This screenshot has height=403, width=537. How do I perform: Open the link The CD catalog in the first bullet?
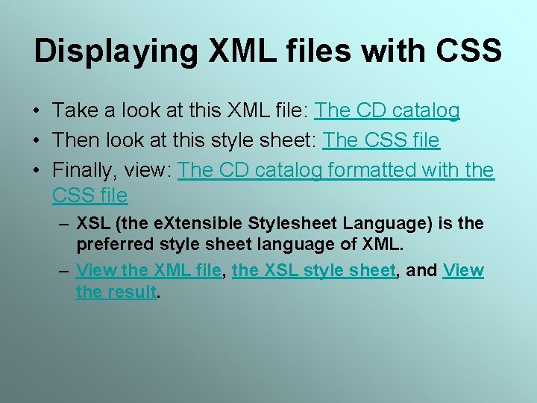386,111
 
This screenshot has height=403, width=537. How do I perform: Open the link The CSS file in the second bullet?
381,140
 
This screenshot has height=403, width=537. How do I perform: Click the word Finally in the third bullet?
81,170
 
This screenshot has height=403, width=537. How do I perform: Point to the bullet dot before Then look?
36,141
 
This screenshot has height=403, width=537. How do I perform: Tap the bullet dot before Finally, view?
36,171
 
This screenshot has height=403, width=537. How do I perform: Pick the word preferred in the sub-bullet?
111,243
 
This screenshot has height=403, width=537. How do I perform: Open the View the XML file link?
149,270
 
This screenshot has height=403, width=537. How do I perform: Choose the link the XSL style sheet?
313,270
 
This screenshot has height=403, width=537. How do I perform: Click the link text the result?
116,291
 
